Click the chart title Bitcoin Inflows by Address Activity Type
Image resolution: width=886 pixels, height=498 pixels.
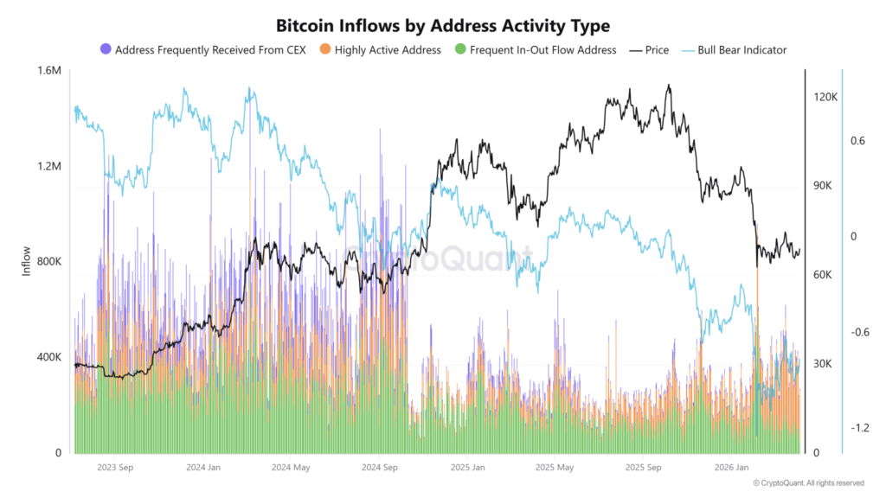click(442, 26)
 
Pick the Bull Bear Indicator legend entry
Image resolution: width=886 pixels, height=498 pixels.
click(738, 50)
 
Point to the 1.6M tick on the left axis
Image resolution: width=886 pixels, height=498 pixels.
click(48, 71)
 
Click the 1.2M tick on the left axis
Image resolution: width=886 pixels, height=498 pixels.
click(48, 166)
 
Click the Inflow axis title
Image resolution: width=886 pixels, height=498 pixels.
click(26, 262)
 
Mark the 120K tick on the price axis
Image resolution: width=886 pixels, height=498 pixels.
click(825, 98)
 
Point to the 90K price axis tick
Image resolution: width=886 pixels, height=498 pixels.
click(825, 187)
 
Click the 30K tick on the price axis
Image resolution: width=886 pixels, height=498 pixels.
click(825, 364)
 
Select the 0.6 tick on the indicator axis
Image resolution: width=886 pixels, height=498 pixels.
click(857, 141)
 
